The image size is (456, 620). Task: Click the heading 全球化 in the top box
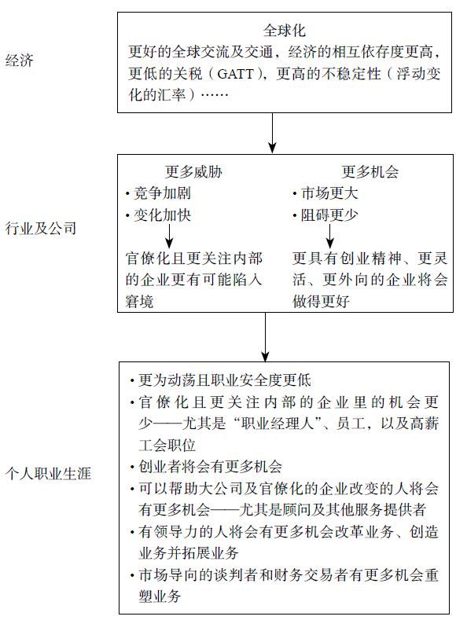coord(284,31)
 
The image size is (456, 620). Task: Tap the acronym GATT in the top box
coord(235,74)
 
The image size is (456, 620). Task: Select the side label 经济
coord(20,61)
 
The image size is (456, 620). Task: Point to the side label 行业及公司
coord(41,228)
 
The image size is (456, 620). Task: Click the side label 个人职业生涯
coord(48,473)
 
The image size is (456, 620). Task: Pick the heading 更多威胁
coord(193,172)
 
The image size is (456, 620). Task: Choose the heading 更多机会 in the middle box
coord(370,172)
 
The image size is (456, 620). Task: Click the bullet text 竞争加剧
coord(162,193)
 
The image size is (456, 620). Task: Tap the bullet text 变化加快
coord(162,215)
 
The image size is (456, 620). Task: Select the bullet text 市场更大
coord(329,193)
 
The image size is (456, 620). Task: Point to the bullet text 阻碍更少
coord(329,215)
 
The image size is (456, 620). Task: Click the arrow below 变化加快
coord(169,236)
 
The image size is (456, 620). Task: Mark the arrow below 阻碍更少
coord(330,236)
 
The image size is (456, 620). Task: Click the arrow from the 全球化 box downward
coord(272,133)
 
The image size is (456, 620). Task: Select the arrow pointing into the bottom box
coord(266,337)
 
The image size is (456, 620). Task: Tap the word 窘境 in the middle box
coord(139,301)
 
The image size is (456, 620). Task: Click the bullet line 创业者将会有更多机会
coord(210,467)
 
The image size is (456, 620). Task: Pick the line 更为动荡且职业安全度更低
coord(225,380)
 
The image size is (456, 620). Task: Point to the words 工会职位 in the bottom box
coord(167,446)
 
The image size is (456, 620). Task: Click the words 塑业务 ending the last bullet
coord(160,596)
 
